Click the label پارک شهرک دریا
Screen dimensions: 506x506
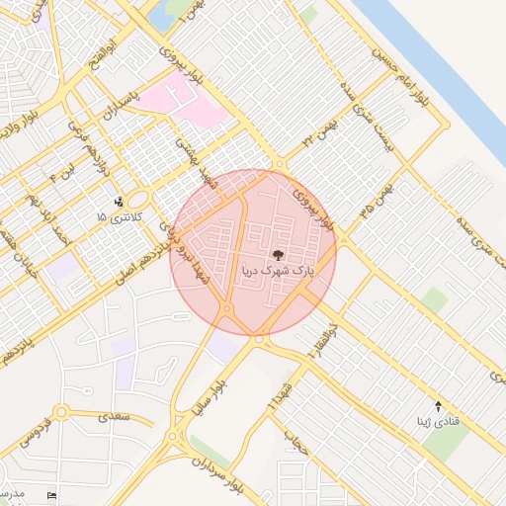[278, 269]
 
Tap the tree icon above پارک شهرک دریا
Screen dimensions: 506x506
[278, 254]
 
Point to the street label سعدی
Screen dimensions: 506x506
[114, 418]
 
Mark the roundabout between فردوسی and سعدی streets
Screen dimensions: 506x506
[61, 412]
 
